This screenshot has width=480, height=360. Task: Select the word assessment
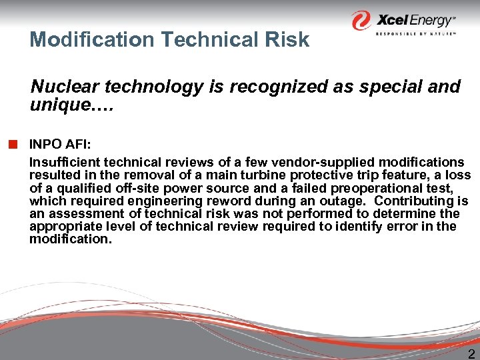click(x=82, y=213)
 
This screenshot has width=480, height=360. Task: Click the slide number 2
click(x=471, y=354)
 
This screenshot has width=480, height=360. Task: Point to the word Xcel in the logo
click(x=394, y=19)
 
